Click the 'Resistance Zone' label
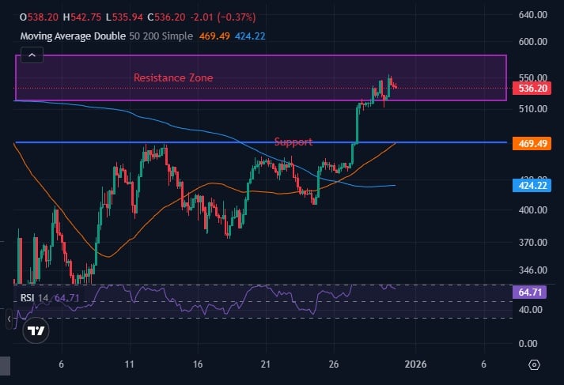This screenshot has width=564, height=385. click(172, 77)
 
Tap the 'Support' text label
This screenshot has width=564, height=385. click(293, 142)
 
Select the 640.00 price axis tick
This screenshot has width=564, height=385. click(534, 14)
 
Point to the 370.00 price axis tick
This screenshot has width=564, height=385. click(534, 243)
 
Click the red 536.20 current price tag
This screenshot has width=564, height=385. click(534, 88)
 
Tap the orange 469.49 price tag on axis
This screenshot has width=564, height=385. click(534, 143)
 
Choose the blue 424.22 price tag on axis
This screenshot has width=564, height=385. click(534, 185)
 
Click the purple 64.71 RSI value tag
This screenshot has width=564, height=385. click(532, 293)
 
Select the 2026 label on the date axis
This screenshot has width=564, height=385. click(415, 364)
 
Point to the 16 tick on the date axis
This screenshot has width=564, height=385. click(198, 364)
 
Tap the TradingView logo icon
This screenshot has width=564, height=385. click(35, 330)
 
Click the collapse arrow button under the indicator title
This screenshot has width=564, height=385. click(31, 55)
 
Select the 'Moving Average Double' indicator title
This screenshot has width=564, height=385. click(72, 36)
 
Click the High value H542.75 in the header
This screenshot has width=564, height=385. click(77, 16)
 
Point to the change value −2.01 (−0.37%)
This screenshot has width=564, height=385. click(212, 16)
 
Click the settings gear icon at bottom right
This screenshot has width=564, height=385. click(534, 364)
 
